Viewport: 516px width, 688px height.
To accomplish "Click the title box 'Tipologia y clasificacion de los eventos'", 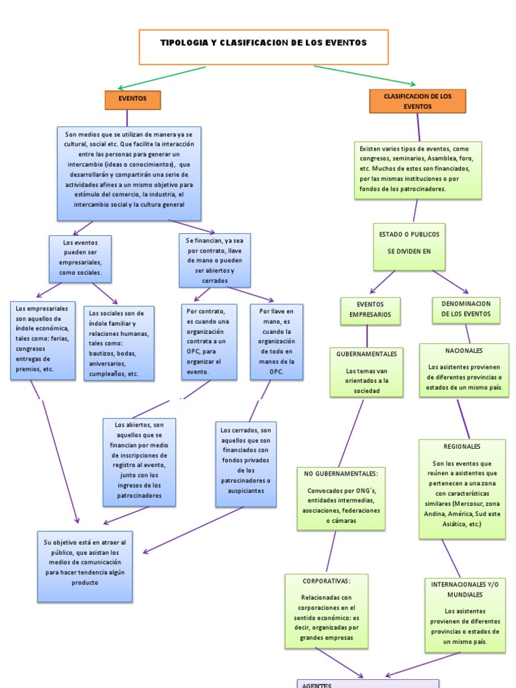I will [x=263, y=43].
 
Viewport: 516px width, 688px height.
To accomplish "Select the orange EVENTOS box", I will [x=132, y=99].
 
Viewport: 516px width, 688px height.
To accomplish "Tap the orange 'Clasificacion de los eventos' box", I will [x=417, y=101].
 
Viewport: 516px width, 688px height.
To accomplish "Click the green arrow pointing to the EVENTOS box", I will [x=161, y=77].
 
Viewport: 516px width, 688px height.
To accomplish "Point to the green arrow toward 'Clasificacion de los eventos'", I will [x=365, y=75].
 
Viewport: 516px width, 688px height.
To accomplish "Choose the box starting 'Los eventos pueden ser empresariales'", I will [x=80, y=259].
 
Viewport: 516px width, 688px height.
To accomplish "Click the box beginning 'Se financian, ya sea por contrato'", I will [x=214, y=260].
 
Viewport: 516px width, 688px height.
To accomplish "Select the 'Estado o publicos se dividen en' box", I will [x=408, y=243].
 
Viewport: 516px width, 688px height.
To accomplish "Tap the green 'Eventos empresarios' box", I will [x=370, y=310].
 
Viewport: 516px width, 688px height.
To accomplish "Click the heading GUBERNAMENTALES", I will [x=367, y=353].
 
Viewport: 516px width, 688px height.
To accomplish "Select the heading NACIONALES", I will [x=464, y=351].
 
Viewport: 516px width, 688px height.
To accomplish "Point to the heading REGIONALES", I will [x=462, y=446].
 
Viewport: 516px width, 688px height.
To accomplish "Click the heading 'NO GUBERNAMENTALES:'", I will [x=341, y=474].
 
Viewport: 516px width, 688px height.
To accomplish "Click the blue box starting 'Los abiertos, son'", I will [x=139, y=462].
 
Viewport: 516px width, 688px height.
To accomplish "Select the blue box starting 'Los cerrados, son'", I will [x=246, y=464].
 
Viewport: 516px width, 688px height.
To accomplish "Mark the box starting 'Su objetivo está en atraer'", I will [x=84, y=566].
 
